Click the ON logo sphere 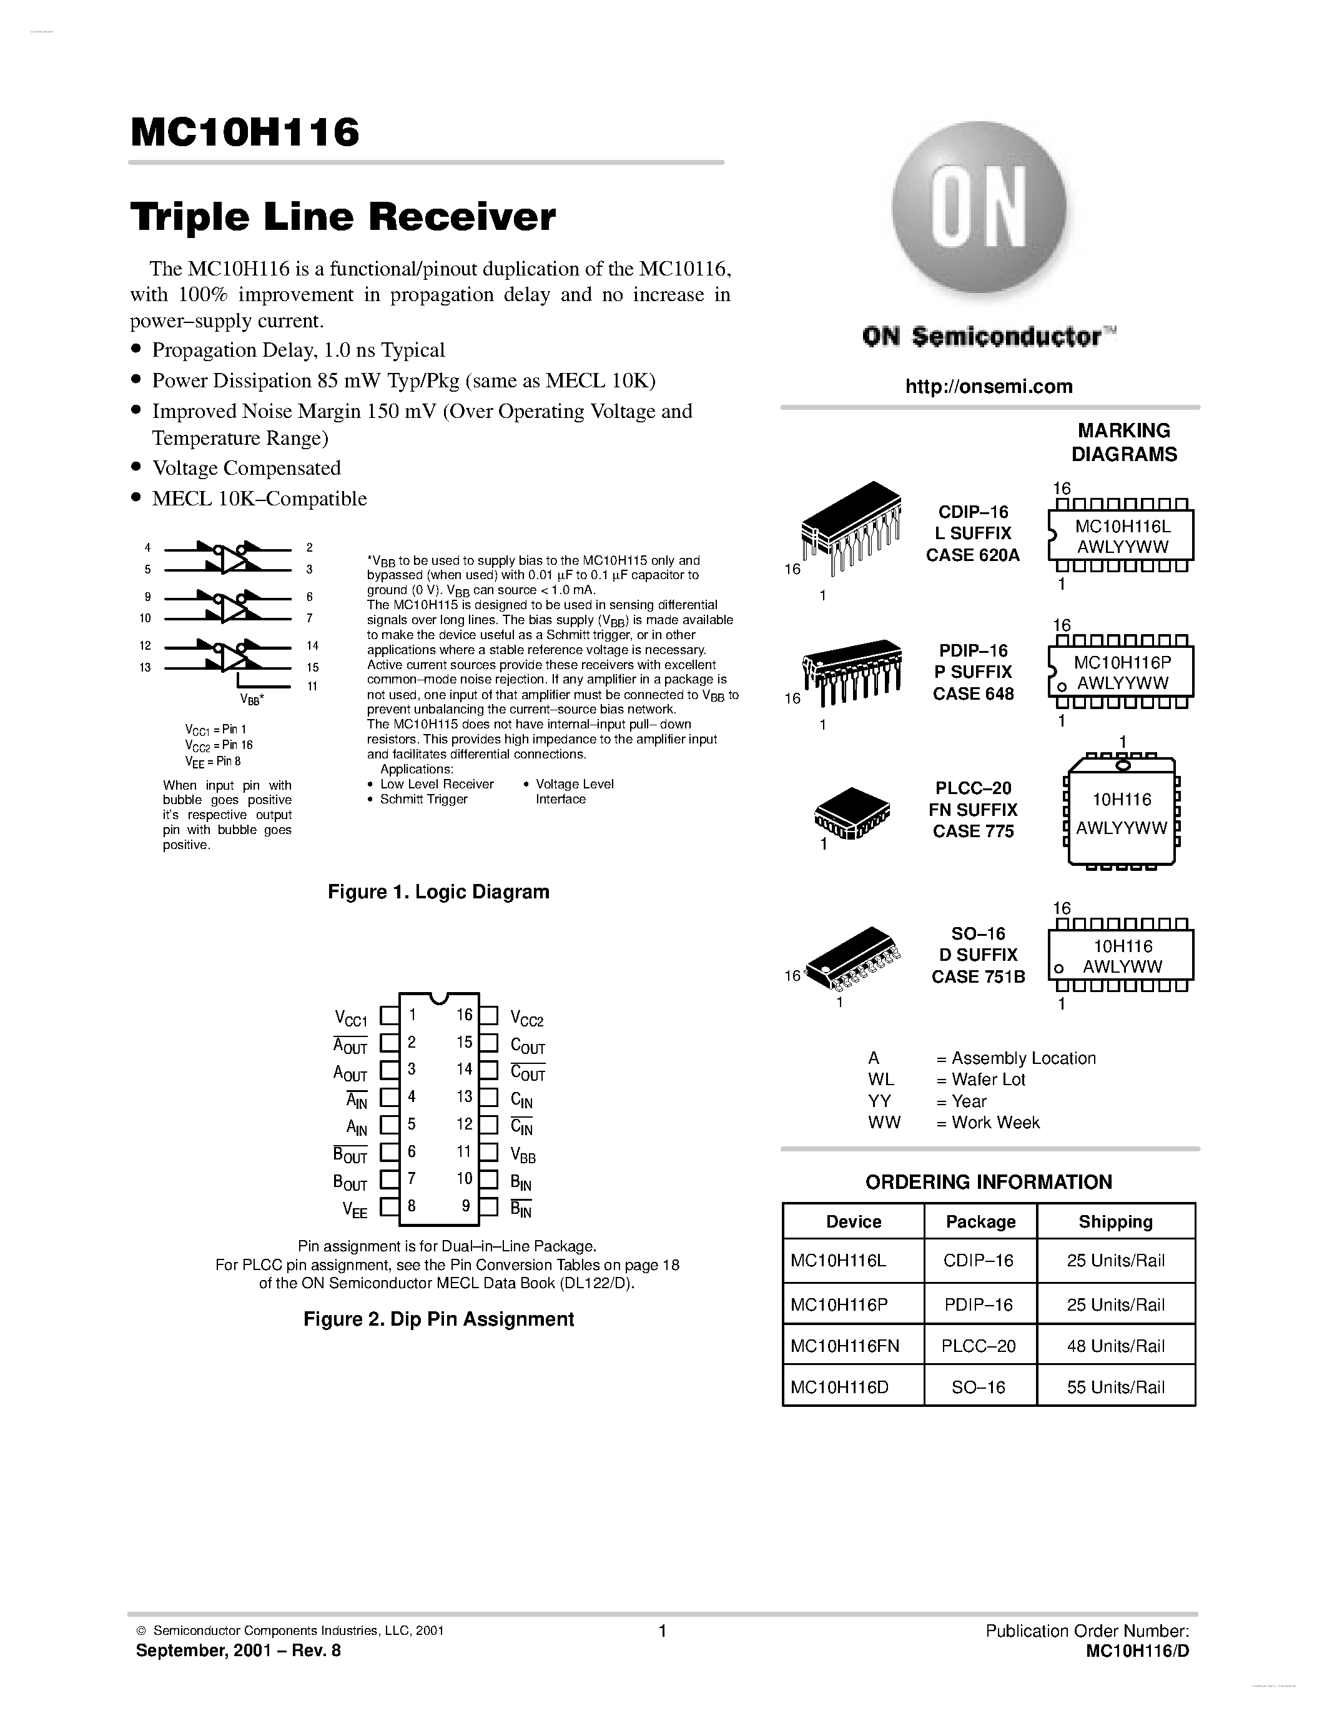[979, 209]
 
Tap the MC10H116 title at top [245, 133]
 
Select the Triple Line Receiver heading [343, 217]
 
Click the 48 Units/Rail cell [1115, 1346]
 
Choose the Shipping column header [1115, 1221]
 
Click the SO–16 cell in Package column [979, 1388]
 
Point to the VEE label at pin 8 [355, 1211]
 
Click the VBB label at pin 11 [523, 1156]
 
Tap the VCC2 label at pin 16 [526, 1020]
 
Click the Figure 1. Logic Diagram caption [438, 892]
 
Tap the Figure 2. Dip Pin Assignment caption [438, 1319]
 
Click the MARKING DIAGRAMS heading [1124, 442]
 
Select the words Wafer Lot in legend [988, 1080]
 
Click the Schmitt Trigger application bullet [424, 799]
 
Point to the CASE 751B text [978, 976]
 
